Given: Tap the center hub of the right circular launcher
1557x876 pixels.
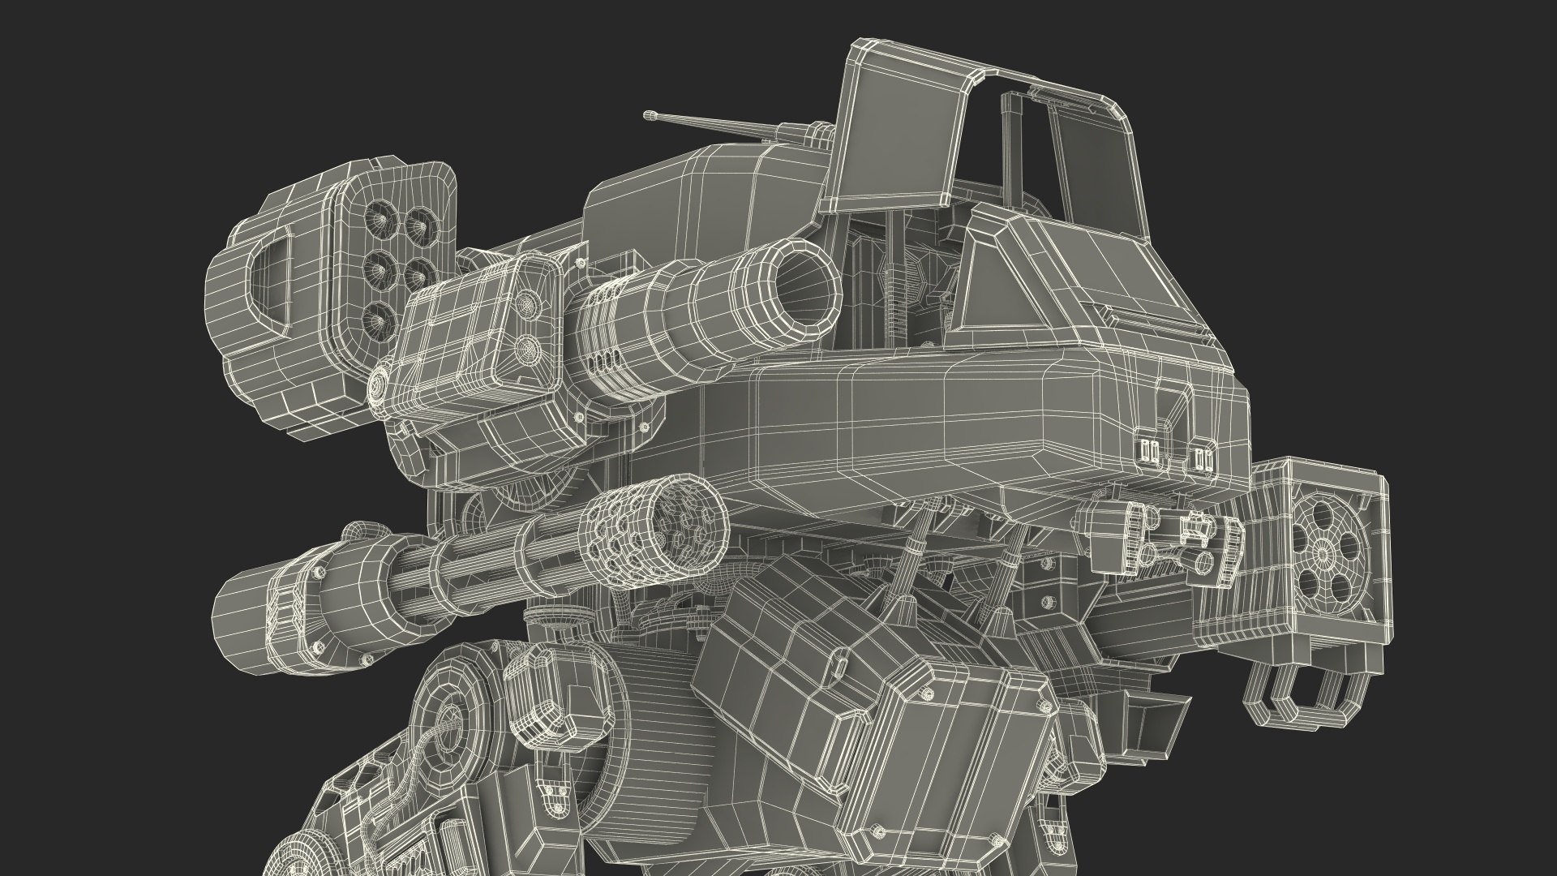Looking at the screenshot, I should [x=1323, y=553].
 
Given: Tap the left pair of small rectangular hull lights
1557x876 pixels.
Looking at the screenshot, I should [x=1150, y=450].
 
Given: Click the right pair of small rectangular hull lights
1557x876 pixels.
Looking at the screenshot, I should [x=1202, y=460].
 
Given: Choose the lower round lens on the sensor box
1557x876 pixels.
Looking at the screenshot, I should [x=528, y=350].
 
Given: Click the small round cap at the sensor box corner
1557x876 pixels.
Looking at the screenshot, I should [x=379, y=388].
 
